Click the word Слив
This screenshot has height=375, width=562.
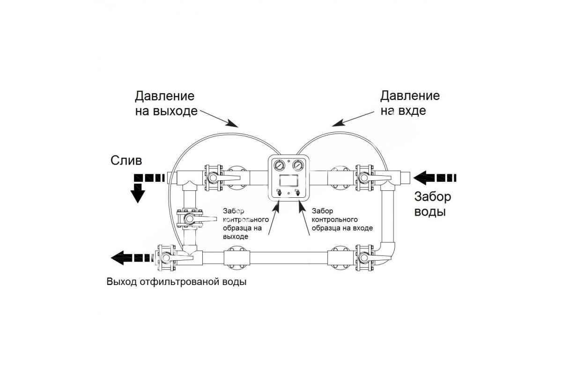[126, 161]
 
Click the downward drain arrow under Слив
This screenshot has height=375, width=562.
[137, 193]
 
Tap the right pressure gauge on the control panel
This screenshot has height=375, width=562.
[298, 166]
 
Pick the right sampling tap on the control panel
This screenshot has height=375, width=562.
[298, 192]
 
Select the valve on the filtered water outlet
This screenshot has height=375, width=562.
[165, 258]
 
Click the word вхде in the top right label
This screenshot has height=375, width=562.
[415, 112]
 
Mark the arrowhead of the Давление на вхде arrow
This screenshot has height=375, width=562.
[335, 124]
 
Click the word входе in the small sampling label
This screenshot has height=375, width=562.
[363, 228]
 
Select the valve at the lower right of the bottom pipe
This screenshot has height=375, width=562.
[364, 258]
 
